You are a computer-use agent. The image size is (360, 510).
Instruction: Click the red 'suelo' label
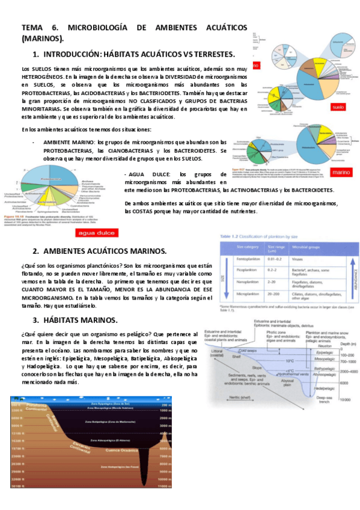338,107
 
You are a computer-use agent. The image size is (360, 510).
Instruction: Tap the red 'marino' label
341,171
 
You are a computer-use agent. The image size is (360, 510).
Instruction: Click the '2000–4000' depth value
346,372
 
